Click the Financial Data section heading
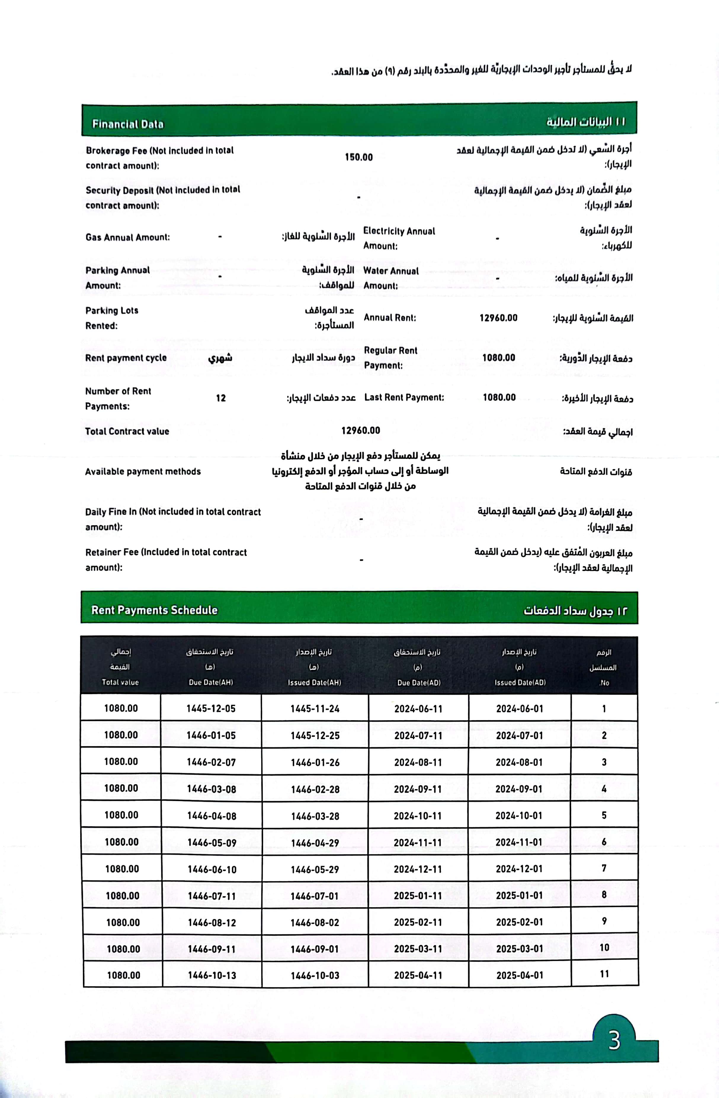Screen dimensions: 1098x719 tap(128, 124)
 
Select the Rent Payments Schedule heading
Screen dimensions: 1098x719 tap(154, 610)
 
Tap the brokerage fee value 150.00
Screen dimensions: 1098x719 tap(358, 157)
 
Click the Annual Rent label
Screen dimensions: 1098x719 tap(390, 318)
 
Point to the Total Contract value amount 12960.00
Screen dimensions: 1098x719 tap(361, 431)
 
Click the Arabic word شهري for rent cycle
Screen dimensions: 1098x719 tap(220, 358)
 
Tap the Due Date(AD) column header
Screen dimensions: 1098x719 tap(419, 682)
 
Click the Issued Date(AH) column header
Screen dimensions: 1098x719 tap(314, 682)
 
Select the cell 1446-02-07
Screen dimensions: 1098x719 tap(211, 762)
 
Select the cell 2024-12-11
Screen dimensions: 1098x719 tap(418, 869)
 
